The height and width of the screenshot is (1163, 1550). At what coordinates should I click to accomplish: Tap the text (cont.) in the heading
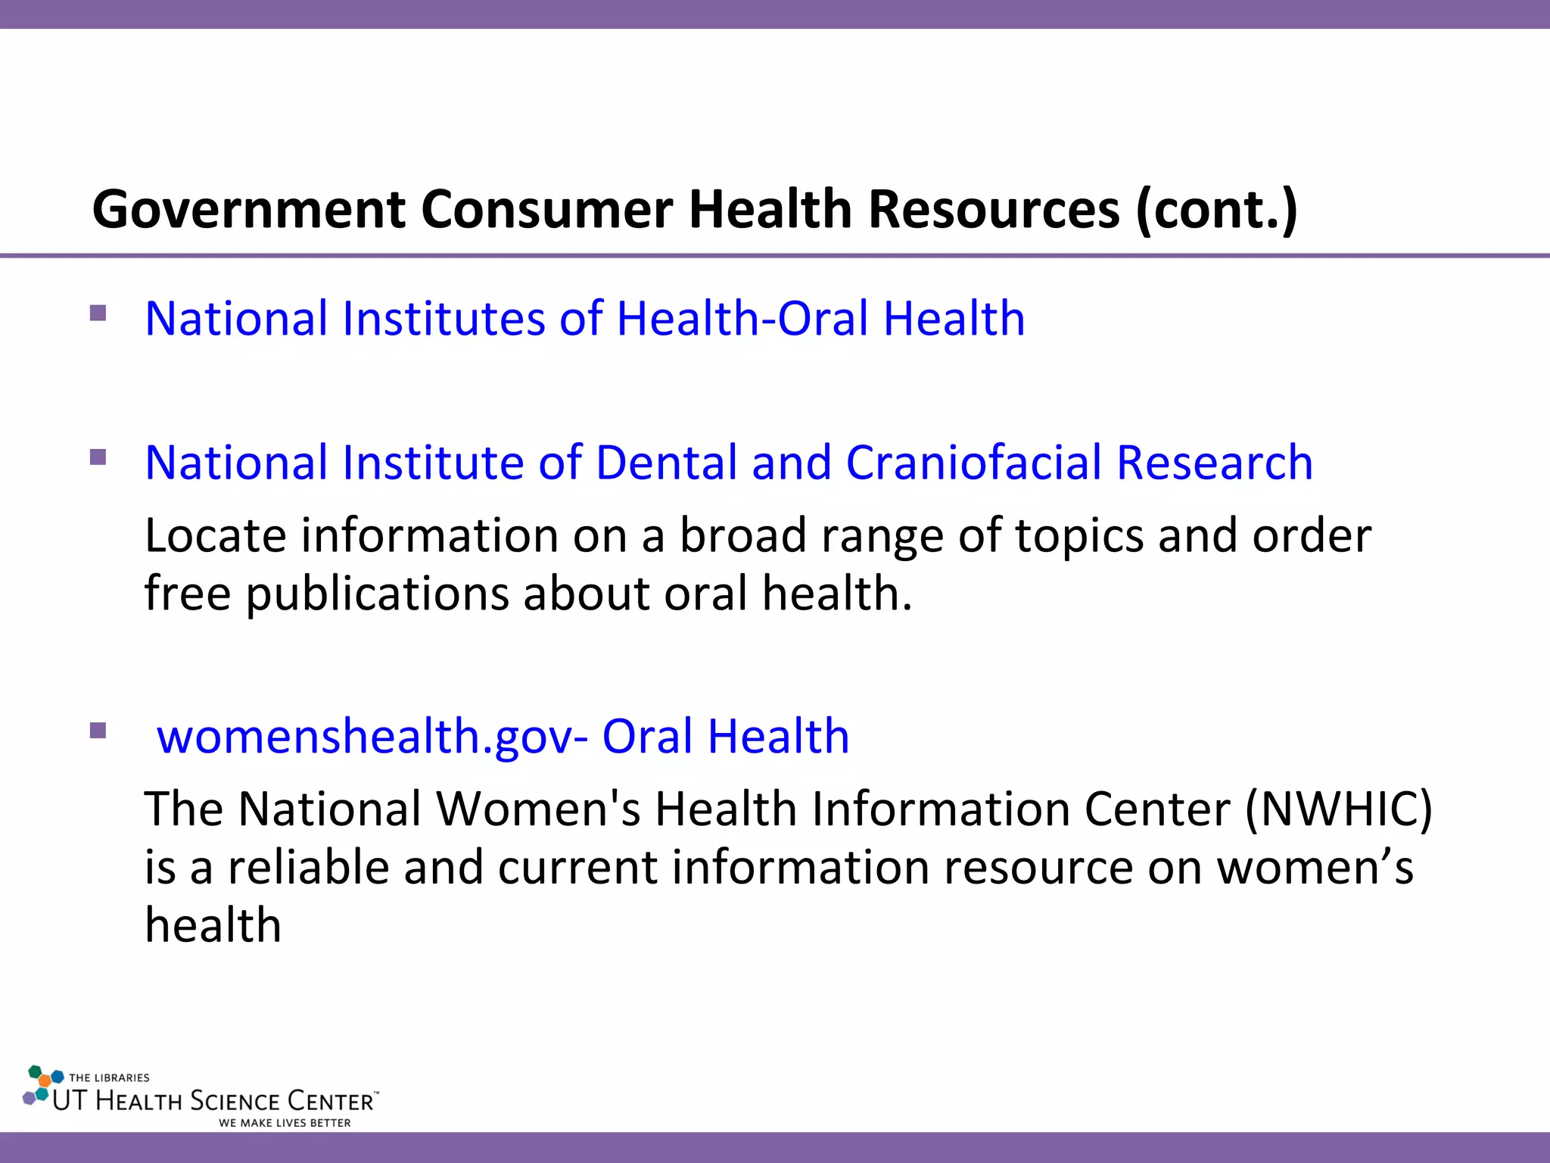pos(1216,210)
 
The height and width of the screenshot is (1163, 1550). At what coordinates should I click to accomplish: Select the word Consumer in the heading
pos(546,210)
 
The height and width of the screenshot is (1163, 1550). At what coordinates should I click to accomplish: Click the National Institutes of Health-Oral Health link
pos(584,318)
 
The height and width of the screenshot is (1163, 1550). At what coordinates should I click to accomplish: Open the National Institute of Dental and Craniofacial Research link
pos(728,463)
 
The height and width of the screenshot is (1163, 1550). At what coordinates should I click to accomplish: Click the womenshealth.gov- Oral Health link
pos(503,736)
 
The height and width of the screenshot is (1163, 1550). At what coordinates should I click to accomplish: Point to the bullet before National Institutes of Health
pos(98,313)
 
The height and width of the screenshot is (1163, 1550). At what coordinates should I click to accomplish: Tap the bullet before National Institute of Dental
pos(98,457)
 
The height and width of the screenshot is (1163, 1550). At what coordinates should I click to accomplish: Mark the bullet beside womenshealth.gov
pos(98,731)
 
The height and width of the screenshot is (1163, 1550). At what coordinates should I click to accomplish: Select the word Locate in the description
pos(215,535)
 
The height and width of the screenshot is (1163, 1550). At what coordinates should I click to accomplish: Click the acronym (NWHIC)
pos(1338,809)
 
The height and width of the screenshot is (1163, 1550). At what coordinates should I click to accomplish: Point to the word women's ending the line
pos(1315,867)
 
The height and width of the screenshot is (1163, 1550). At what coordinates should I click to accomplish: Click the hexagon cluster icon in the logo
pos(42,1085)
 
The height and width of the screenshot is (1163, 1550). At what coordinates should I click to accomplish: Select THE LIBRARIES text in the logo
pos(109,1077)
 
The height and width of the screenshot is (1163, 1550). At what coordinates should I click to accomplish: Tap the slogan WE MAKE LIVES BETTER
pos(285,1123)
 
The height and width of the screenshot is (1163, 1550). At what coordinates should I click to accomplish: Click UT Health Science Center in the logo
pos(214,1101)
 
